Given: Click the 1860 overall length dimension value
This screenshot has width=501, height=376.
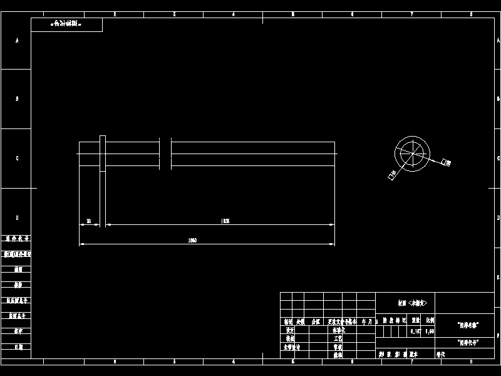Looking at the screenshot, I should pyautogui.click(x=193, y=241).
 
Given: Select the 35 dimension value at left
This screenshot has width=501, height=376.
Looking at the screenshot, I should pyautogui.click(x=89, y=221).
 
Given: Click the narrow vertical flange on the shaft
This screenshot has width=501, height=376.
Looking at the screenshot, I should pyautogui.click(x=103, y=153).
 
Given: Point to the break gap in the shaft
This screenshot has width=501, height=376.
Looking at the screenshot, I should pyautogui.click(x=165, y=154).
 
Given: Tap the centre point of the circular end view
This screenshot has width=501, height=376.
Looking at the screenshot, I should pyautogui.click(x=412, y=153).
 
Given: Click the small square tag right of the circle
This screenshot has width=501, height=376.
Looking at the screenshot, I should pyautogui.click(x=446, y=163).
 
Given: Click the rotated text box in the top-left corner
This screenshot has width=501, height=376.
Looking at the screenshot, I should pyautogui.click(x=66, y=24).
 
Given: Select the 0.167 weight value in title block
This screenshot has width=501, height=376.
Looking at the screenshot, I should pyautogui.click(x=415, y=331).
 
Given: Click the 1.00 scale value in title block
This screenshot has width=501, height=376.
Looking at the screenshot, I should pyautogui.click(x=430, y=331).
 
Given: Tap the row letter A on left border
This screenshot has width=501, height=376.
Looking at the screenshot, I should pyautogui.click(x=17, y=40).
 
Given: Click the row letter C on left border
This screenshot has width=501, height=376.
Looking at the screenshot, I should pyautogui.click(x=17, y=158).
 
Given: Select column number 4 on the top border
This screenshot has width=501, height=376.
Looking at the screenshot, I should pyautogui.click(x=234, y=14).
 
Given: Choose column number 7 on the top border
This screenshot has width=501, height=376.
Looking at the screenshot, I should pyautogui.click(x=411, y=14).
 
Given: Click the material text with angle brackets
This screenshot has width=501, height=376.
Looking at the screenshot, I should pyautogui.click(x=411, y=303).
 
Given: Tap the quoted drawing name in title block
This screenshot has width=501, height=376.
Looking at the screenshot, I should pyautogui.click(x=468, y=325).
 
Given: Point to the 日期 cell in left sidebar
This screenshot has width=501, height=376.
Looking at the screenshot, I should pyautogui.click(x=17, y=346).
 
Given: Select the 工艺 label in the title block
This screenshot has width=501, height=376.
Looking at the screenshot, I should pyautogui.click(x=338, y=338).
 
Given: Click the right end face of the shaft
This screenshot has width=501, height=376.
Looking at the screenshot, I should pyautogui.click(x=334, y=154).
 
